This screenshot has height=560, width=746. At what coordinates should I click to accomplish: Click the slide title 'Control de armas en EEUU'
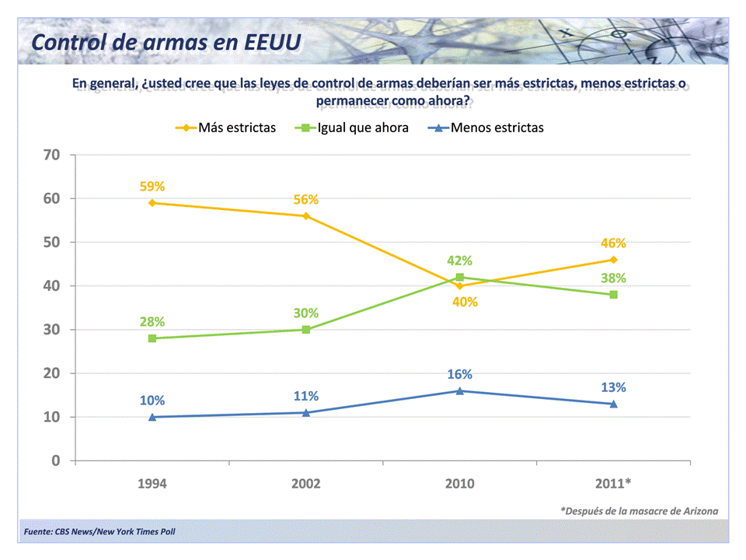point(166,41)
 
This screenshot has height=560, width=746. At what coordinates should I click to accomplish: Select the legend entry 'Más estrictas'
point(236,128)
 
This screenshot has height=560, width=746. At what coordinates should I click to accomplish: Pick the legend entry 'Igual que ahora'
point(363,128)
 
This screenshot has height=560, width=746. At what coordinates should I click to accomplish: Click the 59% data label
point(152,187)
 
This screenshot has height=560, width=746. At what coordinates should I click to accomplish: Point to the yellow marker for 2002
point(306,216)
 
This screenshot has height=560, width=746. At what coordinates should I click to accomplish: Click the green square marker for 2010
point(460,277)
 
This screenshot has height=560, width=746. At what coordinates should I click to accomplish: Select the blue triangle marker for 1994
point(152,417)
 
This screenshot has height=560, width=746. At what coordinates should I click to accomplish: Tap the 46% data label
point(613,243)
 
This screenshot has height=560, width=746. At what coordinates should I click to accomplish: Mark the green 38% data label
point(613,278)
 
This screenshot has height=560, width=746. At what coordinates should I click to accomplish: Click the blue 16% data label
point(459,374)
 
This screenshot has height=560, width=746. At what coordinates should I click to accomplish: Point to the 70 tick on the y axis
point(51,155)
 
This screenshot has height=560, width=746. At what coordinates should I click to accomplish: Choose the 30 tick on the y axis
point(51,330)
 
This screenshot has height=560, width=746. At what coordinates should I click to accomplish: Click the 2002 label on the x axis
point(306,483)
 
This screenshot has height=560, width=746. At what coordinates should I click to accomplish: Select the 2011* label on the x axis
point(614,483)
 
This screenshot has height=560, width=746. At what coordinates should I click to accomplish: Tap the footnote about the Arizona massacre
point(639,511)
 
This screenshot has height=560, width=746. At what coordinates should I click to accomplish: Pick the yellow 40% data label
point(465,302)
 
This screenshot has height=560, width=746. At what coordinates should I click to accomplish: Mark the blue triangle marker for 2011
point(613,404)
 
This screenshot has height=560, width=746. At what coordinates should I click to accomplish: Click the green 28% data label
point(152,322)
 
